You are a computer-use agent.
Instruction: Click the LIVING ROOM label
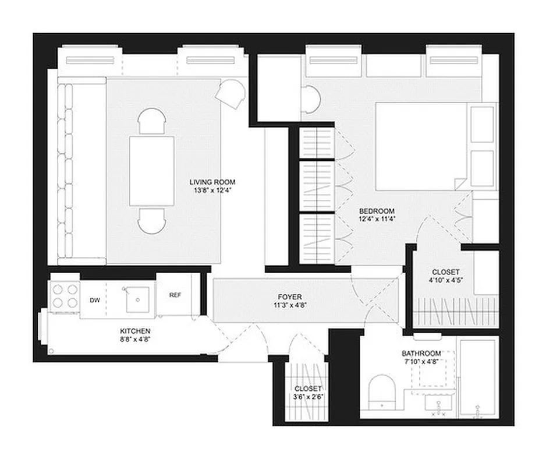coord(216,182)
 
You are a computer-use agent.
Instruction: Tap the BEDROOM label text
coord(377,211)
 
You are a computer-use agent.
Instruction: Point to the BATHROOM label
coord(421,354)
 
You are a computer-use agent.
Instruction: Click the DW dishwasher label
coord(94,301)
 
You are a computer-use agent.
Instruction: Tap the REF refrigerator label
coord(175,295)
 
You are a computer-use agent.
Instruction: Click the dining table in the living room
coord(151,170)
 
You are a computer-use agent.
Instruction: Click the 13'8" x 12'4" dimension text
coord(216,190)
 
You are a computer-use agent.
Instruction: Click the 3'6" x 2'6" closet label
coord(308,397)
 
